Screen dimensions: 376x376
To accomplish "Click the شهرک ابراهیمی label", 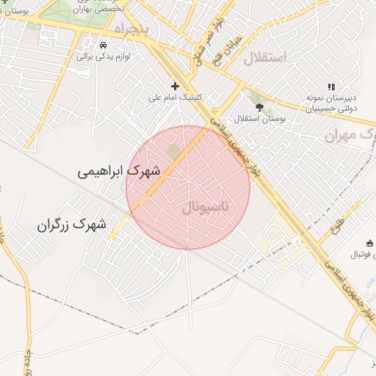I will click(x=117, y=171).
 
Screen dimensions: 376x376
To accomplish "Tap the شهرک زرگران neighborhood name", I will click(x=72, y=225).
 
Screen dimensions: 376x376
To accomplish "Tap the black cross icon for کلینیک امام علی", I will click(x=175, y=86).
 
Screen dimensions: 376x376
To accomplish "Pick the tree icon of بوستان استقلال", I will click(x=258, y=107).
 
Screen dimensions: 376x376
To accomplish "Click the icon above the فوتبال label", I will click(x=369, y=244).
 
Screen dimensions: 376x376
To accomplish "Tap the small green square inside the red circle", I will click(x=174, y=151).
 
